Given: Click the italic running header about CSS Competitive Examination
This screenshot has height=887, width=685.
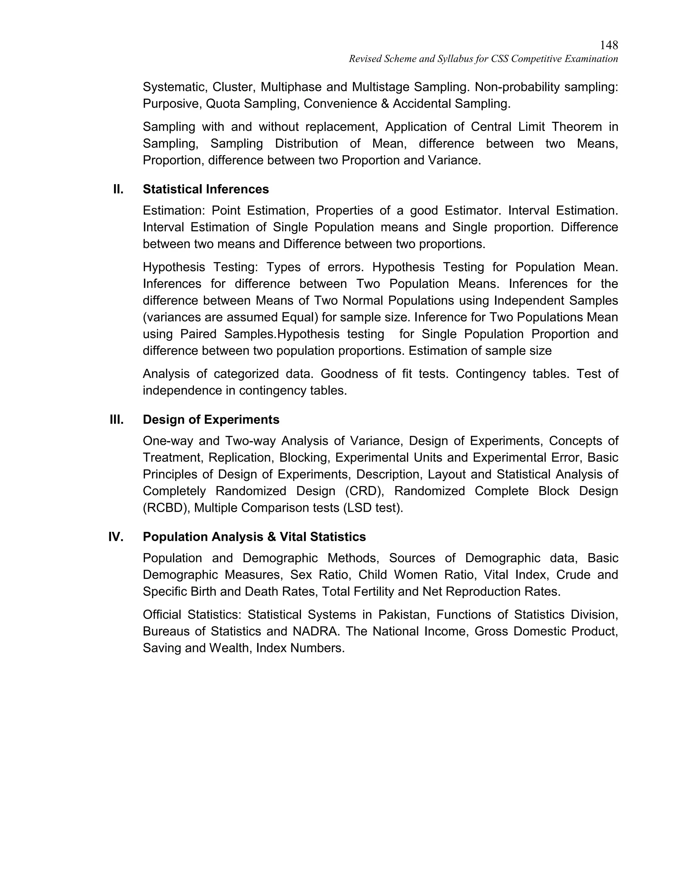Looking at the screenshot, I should click(483, 59).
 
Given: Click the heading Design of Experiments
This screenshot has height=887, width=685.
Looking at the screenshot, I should click(211, 419).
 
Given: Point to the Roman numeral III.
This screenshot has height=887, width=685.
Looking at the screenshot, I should click(117, 419).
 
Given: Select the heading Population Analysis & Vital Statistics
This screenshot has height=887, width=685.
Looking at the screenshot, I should click(254, 537).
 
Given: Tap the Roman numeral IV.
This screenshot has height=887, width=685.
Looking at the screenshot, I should click(116, 537).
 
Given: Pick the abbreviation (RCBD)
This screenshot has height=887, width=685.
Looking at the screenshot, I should click(166, 508).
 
